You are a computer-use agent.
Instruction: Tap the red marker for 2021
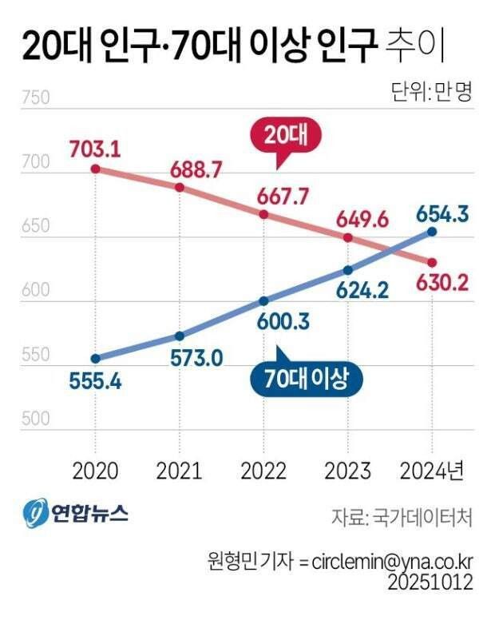point(180,187)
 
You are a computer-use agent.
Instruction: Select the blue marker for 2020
point(95,358)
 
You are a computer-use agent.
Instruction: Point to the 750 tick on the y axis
point(37,99)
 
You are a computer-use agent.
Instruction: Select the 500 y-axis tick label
point(37,419)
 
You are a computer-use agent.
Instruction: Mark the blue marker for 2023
point(348,270)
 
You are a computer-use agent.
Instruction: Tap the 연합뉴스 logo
point(76,512)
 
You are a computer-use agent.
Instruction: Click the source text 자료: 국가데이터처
point(402,517)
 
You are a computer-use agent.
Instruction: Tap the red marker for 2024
point(432,263)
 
